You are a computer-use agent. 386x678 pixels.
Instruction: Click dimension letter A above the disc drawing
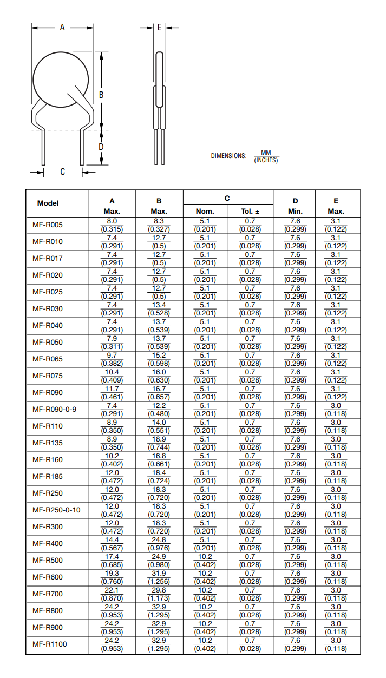[x=62, y=27]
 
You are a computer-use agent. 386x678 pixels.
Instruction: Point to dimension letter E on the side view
[x=159, y=27]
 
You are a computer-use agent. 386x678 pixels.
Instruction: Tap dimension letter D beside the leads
[x=101, y=147]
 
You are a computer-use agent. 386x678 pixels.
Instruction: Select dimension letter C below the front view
[x=62, y=172]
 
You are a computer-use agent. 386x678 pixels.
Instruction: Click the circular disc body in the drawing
[x=61, y=78]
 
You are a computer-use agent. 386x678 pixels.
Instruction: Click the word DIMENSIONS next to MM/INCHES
[x=228, y=156]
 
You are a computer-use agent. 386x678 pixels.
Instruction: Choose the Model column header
[x=48, y=203]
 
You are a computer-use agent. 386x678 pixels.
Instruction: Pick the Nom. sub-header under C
[x=205, y=212]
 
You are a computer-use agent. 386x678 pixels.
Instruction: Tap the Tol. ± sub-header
[x=250, y=212]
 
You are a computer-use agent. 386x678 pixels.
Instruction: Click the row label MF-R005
[x=47, y=225]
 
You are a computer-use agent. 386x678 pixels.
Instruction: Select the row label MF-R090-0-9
[x=54, y=409]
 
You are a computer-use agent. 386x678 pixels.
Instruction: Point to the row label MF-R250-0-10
[x=56, y=510]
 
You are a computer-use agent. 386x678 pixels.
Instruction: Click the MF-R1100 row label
[x=49, y=644]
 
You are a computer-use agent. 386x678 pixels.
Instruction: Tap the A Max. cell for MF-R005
[x=112, y=225]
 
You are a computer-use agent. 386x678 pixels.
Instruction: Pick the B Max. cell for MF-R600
[x=159, y=577]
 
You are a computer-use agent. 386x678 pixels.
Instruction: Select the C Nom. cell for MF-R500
[x=205, y=560]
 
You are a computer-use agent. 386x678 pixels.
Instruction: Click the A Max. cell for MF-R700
[x=112, y=594]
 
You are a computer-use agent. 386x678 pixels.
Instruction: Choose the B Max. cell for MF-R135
[x=159, y=443]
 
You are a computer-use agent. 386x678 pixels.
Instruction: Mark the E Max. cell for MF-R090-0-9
[x=336, y=409]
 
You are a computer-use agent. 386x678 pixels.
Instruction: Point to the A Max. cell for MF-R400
[x=112, y=543]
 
